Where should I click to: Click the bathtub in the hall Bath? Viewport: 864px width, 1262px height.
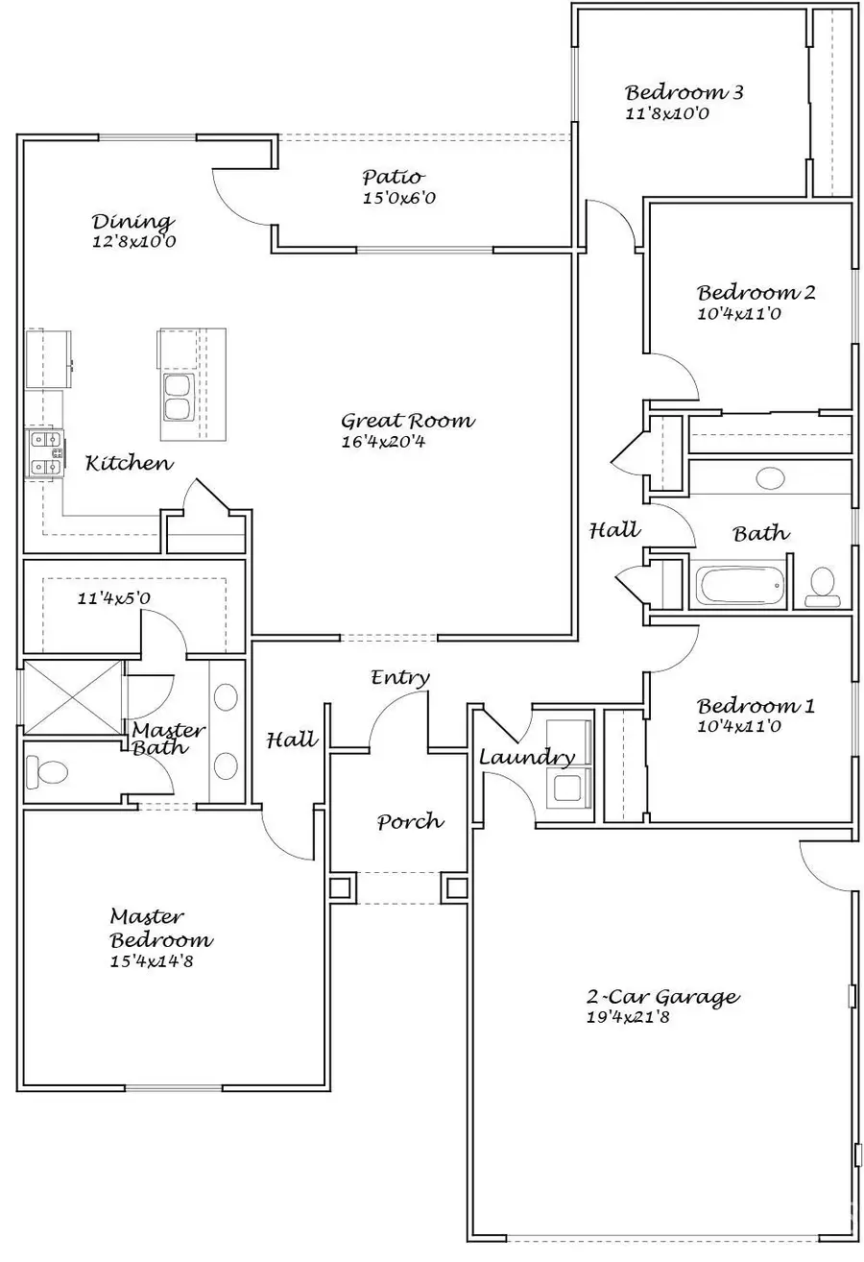click(739, 585)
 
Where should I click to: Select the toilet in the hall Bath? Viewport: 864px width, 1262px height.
click(823, 587)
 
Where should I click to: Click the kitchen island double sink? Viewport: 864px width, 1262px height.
click(177, 398)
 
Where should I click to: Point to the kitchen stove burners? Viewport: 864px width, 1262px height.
click(45, 453)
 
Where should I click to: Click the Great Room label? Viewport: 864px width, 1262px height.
click(408, 421)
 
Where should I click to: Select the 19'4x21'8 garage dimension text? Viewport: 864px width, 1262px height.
click(628, 1017)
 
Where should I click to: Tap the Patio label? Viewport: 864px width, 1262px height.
click(393, 177)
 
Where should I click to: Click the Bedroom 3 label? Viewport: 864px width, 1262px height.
click(684, 93)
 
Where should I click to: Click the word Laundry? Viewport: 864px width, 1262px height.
click(527, 757)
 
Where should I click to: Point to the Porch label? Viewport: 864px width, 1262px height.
click(410, 821)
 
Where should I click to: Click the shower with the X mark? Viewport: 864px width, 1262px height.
click(72, 697)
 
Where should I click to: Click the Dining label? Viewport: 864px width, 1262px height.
click(132, 222)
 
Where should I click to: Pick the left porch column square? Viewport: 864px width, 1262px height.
click(340, 886)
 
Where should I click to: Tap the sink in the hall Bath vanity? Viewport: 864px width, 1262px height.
click(770, 477)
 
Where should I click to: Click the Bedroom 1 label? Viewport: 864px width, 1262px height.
click(756, 706)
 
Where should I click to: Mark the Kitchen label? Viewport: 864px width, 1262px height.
click(130, 463)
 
